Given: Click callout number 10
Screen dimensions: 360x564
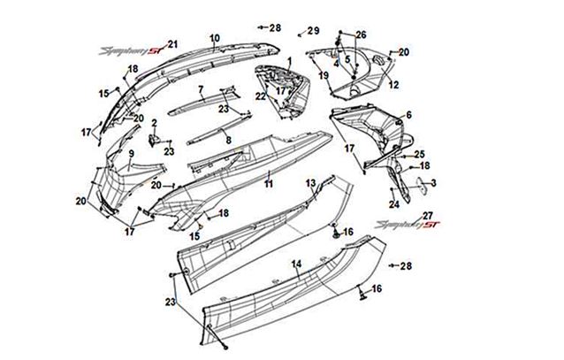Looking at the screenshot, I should [x=213, y=38].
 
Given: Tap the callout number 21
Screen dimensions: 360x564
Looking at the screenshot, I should [x=173, y=44].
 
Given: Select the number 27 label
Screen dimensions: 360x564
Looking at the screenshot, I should [x=428, y=216].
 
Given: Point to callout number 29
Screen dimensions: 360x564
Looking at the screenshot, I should [x=314, y=31].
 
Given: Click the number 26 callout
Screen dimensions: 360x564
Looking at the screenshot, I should [x=361, y=34].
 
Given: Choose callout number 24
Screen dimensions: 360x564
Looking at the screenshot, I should [x=394, y=204].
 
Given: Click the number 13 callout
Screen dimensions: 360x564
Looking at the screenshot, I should [x=310, y=181].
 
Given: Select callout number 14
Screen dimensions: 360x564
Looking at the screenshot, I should [x=297, y=264].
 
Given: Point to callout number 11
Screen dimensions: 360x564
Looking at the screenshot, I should [x=268, y=183].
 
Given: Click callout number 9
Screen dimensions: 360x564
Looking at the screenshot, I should [x=132, y=153].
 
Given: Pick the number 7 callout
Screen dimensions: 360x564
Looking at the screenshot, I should [x=201, y=89].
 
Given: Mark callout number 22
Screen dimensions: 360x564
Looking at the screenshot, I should [x=261, y=96].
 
